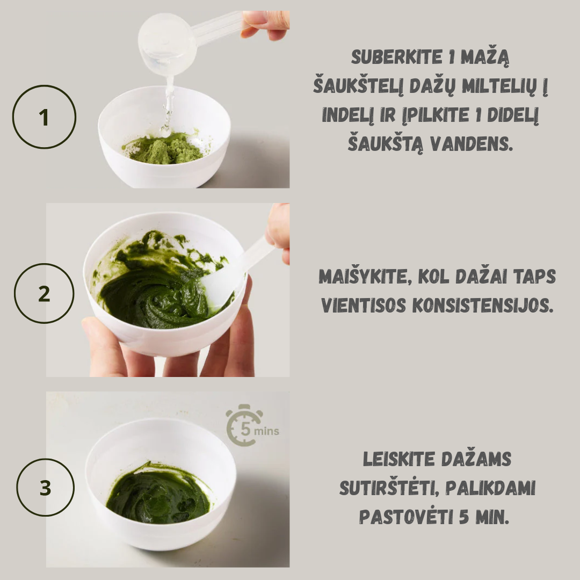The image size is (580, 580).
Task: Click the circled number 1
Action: pyautogui.click(x=44, y=117)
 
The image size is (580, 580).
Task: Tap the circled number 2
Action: pyautogui.click(x=44, y=294)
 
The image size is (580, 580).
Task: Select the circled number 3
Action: pyautogui.click(x=45, y=488)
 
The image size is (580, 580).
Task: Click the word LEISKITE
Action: pyautogui.click(x=398, y=459)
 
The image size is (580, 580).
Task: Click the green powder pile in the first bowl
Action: pyautogui.click(x=163, y=149)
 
